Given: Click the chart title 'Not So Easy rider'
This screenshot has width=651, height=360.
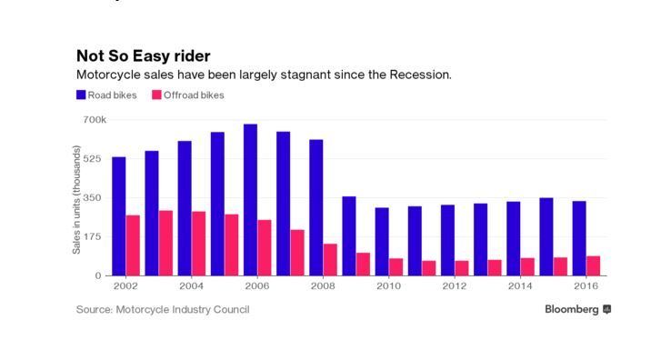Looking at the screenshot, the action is [x=144, y=56].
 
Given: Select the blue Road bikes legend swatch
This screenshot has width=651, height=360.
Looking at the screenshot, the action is [x=81, y=95].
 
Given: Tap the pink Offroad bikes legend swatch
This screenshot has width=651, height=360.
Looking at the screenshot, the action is [x=156, y=95].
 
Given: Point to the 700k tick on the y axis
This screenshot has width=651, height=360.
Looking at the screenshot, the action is [x=95, y=120].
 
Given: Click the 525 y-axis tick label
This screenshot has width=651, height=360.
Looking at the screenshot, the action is [x=92, y=159].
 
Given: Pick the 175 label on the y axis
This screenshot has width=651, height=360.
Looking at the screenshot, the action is [x=92, y=236].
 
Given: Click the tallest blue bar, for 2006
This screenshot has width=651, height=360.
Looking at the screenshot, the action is [x=250, y=200].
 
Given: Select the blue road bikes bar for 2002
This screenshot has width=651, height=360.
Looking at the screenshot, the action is [x=119, y=216].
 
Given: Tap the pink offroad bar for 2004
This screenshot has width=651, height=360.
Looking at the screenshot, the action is [x=198, y=244].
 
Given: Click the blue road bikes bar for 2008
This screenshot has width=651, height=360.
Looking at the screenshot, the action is [x=315, y=207].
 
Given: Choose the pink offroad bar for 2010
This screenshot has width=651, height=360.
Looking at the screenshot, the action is [x=396, y=267].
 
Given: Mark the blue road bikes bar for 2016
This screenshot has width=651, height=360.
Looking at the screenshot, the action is [x=579, y=238].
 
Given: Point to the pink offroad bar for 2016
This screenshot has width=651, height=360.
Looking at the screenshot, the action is [x=594, y=265].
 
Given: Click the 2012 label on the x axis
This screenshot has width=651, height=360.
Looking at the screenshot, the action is [x=455, y=286].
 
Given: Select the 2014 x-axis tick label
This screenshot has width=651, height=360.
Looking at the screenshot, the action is [x=520, y=286].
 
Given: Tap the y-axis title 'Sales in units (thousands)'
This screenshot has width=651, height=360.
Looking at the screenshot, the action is [x=76, y=199].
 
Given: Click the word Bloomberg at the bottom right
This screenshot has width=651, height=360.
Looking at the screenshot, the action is [x=572, y=309].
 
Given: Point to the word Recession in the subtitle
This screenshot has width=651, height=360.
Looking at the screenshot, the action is [x=419, y=75].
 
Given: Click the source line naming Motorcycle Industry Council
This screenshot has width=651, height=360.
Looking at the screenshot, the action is [x=163, y=310].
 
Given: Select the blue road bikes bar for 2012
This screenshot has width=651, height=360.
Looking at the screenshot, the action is [x=447, y=240].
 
